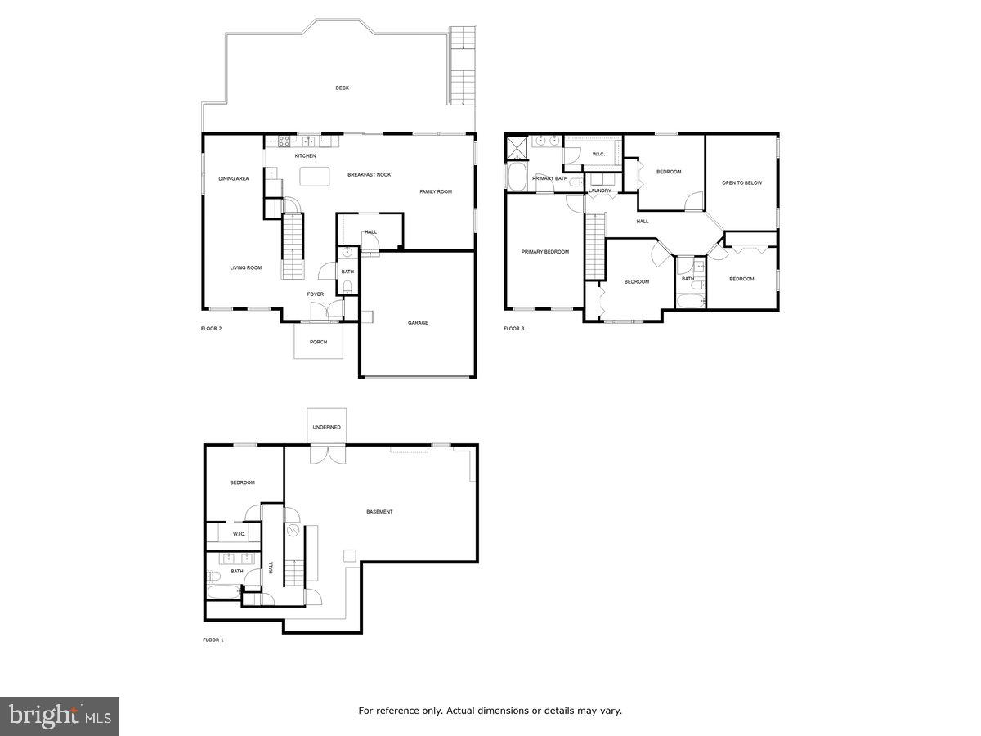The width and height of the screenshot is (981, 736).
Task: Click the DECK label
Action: pos(342,88)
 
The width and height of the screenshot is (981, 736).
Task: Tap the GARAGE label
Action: pos(418,323)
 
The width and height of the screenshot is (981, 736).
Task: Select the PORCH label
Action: pos(318,342)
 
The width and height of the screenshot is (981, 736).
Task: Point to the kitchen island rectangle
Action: pos(314,176)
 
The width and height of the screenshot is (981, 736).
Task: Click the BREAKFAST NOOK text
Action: pos(369,174)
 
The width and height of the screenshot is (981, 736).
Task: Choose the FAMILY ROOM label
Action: pos(436,191)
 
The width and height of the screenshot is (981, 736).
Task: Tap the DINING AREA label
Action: pos(234,178)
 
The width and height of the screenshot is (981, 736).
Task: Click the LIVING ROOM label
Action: pos(245,267)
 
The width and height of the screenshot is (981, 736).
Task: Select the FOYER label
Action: pos(316,294)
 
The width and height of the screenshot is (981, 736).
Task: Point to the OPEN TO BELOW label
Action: pos(741,183)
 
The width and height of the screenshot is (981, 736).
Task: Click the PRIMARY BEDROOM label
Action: pos(545,252)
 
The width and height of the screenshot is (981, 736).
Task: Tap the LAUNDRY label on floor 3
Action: pos(599,191)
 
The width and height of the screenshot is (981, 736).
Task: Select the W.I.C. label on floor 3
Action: pos(598,154)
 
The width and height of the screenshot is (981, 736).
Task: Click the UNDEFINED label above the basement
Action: pos(326,427)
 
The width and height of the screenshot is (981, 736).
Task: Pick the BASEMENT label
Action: pos(379,512)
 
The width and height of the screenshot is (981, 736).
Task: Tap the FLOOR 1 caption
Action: pos(213,640)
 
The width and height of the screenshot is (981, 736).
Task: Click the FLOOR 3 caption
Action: pos(513,329)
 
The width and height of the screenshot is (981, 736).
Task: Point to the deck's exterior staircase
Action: pos(463,65)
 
